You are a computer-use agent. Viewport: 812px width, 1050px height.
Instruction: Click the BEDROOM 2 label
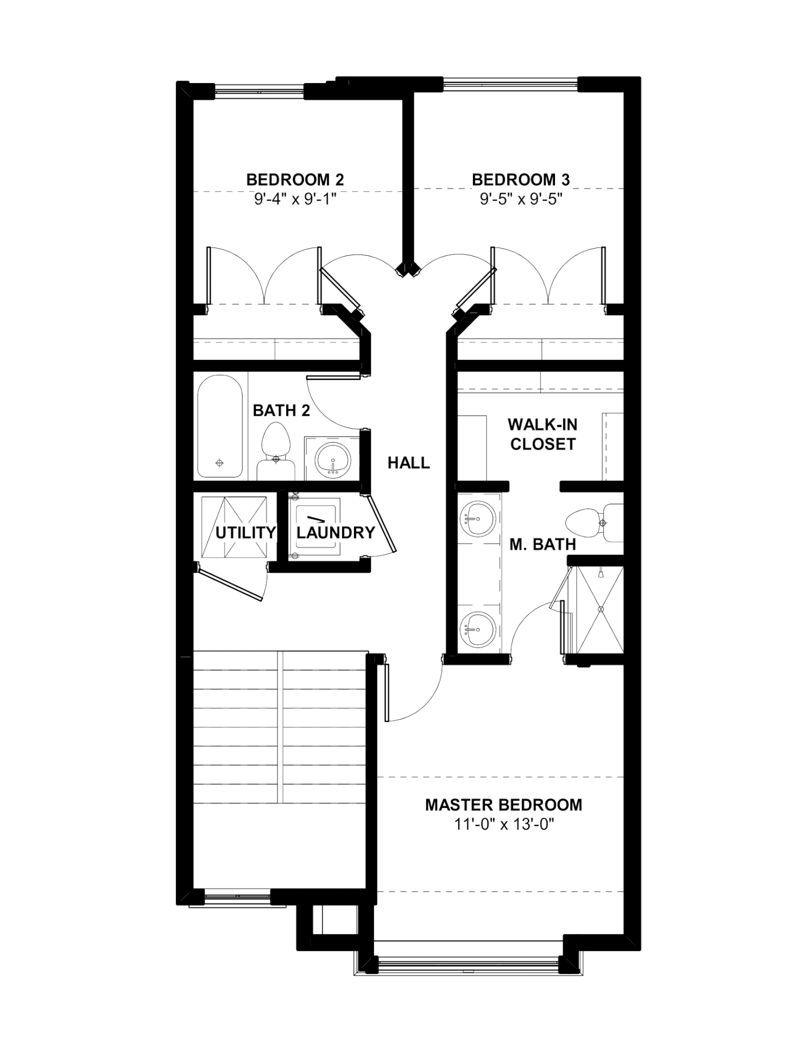[295, 180]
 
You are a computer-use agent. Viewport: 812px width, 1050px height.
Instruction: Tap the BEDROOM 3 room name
[521, 180]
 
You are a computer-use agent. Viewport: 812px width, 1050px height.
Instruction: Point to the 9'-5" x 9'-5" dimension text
[521, 199]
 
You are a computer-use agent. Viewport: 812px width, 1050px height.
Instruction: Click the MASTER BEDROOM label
[504, 805]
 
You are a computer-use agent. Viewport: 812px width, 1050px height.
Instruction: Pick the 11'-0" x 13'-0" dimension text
[504, 824]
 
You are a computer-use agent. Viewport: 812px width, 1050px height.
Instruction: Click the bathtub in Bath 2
[220, 427]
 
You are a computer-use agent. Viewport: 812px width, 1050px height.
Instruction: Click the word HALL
[408, 463]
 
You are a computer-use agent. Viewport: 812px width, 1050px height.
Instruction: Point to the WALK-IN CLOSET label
[543, 434]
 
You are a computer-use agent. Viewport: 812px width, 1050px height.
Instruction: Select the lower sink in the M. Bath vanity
[478, 630]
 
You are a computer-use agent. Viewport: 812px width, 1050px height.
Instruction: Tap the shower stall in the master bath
[600, 610]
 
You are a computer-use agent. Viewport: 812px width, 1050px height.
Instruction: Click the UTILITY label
[246, 533]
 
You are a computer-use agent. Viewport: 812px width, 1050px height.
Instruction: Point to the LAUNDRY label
[336, 533]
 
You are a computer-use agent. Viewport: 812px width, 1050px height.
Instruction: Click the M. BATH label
[543, 544]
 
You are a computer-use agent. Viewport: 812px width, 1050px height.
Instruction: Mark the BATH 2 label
[282, 411]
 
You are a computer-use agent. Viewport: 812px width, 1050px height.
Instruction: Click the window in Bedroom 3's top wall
[510, 84]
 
